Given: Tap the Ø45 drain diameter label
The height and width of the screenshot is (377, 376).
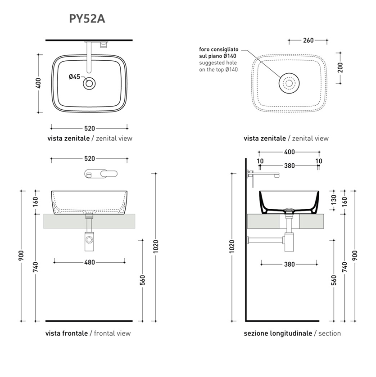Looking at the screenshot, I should [75, 77].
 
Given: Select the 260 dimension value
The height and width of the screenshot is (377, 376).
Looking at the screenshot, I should [308, 40].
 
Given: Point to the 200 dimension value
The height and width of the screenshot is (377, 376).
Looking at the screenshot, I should [340, 67].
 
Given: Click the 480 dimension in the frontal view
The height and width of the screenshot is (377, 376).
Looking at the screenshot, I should [90, 262].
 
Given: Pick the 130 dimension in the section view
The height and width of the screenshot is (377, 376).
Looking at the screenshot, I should [333, 198].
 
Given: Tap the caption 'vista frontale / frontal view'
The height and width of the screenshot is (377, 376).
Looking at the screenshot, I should [88, 333].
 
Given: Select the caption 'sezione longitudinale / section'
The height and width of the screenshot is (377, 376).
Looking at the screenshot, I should [292, 333].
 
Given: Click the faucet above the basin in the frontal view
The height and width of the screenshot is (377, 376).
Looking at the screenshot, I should [100, 173].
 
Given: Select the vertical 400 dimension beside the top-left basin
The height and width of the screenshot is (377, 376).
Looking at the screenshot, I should [39, 83].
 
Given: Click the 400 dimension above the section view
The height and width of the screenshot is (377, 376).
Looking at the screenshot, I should [290, 152].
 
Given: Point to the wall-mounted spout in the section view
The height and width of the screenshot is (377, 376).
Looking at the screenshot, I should [266, 174].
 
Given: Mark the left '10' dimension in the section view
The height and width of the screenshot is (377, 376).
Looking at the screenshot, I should [260, 161].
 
